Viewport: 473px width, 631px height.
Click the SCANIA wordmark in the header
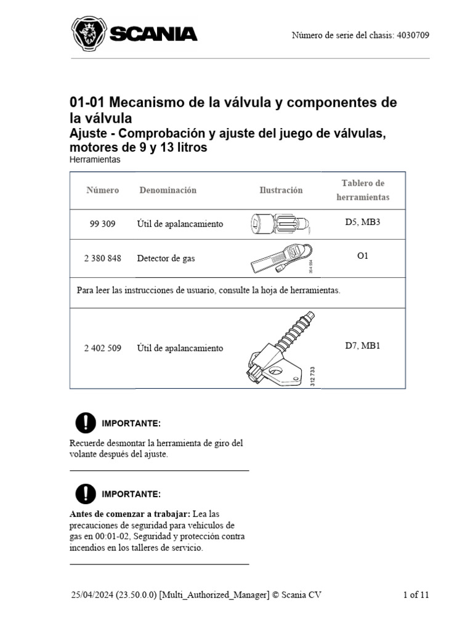(153, 35)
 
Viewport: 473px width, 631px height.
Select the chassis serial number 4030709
(413, 35)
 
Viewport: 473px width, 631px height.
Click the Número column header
(102, 190)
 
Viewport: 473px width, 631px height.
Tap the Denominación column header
(168, 190)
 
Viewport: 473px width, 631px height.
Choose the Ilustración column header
(281, 190)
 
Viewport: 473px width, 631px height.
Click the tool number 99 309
(102, 224)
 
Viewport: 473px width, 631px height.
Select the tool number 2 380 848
(102, 258)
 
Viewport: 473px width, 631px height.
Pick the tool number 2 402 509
(102, 348)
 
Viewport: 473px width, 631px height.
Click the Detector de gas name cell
(166, 258)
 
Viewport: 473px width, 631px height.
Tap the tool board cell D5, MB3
(363, 221)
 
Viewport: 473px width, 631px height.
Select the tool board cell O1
(363, 255)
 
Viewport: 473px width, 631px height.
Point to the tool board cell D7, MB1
(363, 346)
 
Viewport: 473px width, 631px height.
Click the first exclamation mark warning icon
(86, 423)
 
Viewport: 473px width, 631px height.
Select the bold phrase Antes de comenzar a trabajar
(130, 514)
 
